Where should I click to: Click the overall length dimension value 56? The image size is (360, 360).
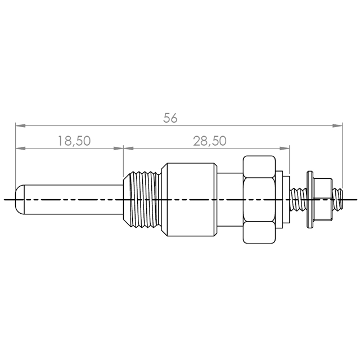coord(170,118)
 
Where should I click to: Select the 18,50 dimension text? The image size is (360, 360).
coord(74,141)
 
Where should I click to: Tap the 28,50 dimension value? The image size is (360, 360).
coord(210,141)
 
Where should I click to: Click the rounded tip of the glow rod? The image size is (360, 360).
coord(20,200)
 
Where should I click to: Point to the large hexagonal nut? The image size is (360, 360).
coord(259,200)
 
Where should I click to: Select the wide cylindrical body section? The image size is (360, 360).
coord(189,200)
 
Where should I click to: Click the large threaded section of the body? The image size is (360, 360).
coord(142,200)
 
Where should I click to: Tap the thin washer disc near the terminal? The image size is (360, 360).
coord(310,200)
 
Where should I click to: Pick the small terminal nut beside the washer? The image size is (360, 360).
coord(322,200)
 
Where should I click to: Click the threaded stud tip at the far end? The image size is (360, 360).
coord(337,200)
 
